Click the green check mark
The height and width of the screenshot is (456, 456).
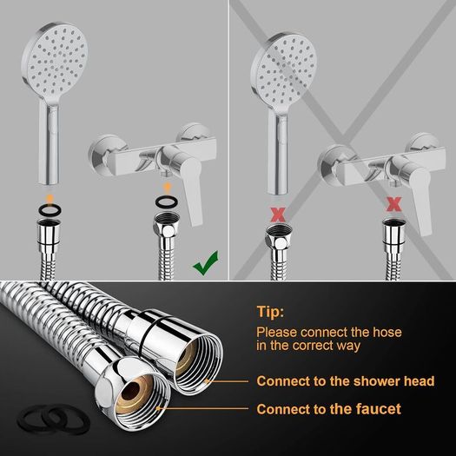click(x=206, y=264)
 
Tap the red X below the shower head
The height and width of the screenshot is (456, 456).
click(x=278, y=215)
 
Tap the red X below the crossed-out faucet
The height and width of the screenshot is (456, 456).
click(x=394, y=204)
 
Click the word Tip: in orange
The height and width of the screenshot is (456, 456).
click(x=270, y=312)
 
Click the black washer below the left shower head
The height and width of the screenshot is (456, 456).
click(x=50, y=209)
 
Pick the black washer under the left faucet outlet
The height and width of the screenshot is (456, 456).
click(x=166, y=202)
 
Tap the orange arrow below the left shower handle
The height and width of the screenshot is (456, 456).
click(x=50, y=199)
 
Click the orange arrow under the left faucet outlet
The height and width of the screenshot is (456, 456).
click(x=167, y=188)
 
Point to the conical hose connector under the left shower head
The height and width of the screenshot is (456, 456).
click(x=49, y=235)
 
